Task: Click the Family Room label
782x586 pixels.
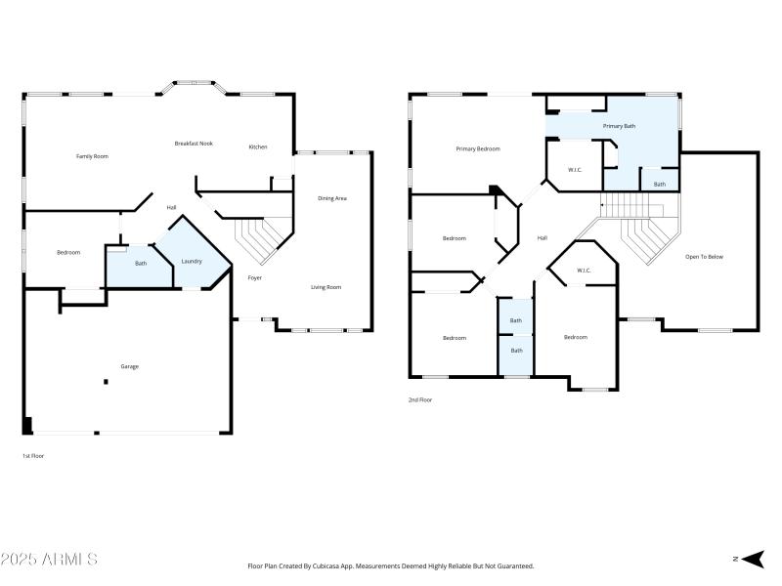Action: click(x=92, y=156)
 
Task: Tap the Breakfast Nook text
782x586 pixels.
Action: click(x=194, y=144)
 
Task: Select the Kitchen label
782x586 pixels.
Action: click(x=257, y=147)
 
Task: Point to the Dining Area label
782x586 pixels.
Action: click(x=332, y=198)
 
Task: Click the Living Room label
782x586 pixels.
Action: click(x=326, y=287)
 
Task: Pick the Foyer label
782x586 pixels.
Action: click(x=254, y=277)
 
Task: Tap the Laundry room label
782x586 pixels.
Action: click(x=192, y=261)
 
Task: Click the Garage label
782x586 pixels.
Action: click(x=129, y=366)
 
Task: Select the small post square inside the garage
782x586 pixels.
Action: click(x=106, y=382)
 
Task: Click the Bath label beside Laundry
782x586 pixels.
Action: click(x=141, y=263)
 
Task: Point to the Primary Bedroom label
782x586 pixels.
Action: click(x=478, y=148)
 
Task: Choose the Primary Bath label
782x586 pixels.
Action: click(x=619, y=126)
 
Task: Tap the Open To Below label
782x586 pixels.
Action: click(x=704, y=257)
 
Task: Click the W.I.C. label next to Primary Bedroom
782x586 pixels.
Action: click(x=576, y=170)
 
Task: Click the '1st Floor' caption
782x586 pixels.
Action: click(x=33, y=456)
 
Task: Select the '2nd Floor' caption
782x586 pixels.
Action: click(x=419, y=399)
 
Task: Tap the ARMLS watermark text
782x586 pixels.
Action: click(x=49, y=560)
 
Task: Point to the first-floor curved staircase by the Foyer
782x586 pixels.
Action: click(x=263, y=240)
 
